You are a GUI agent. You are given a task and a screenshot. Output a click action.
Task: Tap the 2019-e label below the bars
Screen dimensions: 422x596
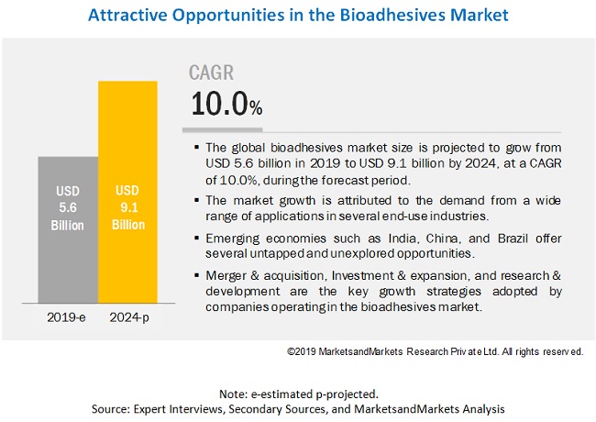coord(66,318)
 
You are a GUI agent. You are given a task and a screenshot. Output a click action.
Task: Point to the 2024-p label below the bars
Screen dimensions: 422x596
coord(127,318)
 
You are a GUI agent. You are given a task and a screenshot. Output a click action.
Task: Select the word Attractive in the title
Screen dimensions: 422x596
coord(123,17)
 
